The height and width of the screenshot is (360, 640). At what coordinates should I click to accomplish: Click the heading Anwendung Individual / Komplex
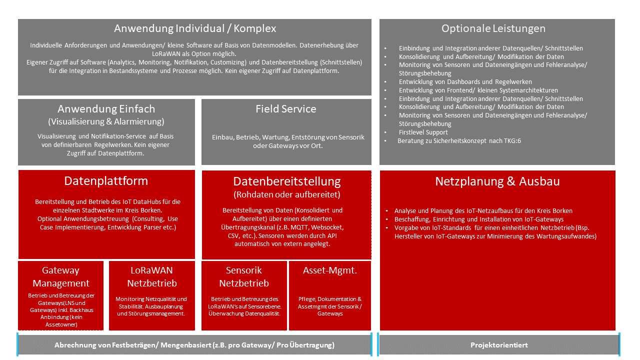click(x=195, y=28)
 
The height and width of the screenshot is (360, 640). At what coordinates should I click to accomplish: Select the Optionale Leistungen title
click(x=493, y=28)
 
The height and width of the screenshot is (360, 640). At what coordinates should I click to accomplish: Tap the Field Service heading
click(x=286, y=109)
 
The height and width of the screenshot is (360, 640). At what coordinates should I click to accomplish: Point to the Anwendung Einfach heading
click(x=106, y=109)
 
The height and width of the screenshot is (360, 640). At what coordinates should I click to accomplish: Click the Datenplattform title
click(x=106, y=180)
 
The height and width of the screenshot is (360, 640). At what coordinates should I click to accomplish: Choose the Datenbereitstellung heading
click(x=287, y=181)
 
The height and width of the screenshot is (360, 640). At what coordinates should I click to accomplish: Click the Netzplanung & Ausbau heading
click(x=497, y=181)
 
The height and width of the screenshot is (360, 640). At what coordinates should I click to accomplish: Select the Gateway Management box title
click(x=60, y=276)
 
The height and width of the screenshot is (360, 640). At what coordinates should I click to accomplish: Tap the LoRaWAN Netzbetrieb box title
click(x=152, y=276)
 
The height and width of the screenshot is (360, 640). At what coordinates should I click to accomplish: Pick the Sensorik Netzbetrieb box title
click(x=244, y=276)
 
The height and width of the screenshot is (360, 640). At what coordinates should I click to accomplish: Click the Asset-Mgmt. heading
click(x=330, y=270)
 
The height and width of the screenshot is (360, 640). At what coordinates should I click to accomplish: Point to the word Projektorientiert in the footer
click(x=499, y=345)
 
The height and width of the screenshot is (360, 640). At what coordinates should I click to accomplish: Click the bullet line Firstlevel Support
click(x=423, y=132)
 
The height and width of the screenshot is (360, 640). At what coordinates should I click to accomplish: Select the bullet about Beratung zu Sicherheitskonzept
click(x=459, y=141)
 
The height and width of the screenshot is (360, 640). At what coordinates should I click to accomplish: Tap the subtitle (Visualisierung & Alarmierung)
click(x=106, y=121)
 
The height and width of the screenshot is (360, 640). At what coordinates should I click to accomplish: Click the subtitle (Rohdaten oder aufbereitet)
click(x=287, y=194)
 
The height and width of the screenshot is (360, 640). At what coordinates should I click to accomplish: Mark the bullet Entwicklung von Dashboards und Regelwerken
click(x=465, y=81)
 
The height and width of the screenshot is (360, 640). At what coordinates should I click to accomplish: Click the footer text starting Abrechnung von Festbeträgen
click(x=194, y=345)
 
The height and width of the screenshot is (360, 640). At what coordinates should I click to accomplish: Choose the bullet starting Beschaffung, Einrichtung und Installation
click(x=478, y=219)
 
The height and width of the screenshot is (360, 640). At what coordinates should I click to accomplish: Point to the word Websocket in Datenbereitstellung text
click(x=327, y=227)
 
